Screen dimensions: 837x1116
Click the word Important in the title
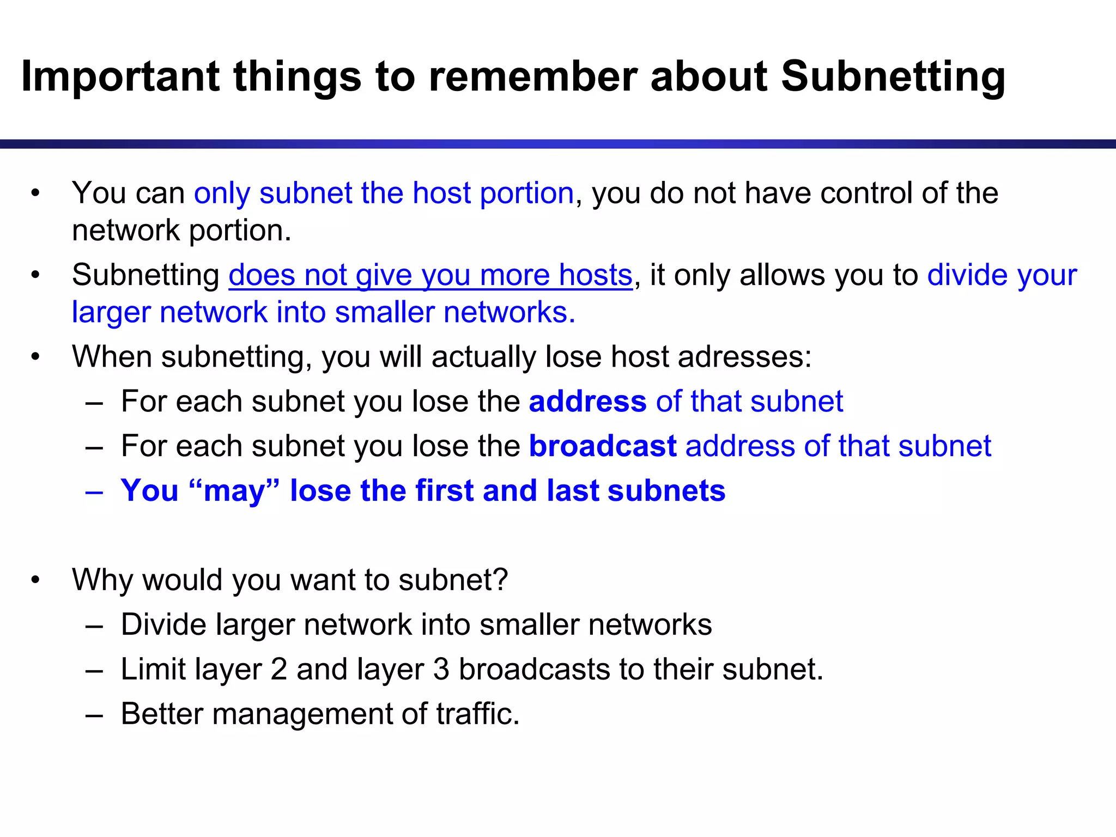coord(120,77)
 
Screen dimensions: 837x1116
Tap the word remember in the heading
coord(532,77)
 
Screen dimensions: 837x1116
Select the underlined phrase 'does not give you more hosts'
coord(430,275)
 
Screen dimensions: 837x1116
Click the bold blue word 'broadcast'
coord(603,446)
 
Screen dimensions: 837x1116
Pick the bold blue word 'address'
coord(587,402)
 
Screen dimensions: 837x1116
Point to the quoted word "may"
coord(234,491)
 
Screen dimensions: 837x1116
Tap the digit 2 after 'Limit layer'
coord(278,670)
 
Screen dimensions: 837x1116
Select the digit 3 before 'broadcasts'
coord(441,670)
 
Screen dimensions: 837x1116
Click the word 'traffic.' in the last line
coord(478,714)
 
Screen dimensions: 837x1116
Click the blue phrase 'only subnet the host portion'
coord(384,193)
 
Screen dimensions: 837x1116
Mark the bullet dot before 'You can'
coord(35,193)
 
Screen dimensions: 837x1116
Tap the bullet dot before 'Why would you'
coord(35,580)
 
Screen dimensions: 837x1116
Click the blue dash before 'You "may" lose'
coord(94,492)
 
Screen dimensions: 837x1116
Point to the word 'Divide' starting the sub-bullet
coord(163,625)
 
